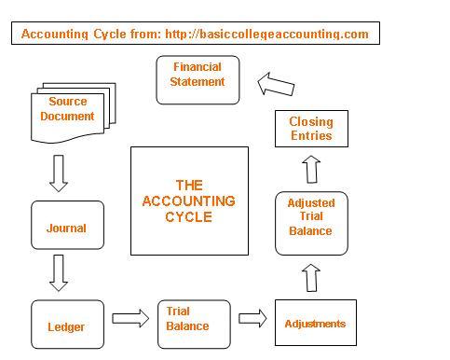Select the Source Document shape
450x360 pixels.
coord(66,115)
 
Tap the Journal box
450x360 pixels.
coord(66,227)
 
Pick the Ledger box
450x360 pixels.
coord(66,325)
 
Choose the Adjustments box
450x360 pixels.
coord(315,323)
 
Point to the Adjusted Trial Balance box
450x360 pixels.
coord(310,223)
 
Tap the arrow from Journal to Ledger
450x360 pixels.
coord(60,272)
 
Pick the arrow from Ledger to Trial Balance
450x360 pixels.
coord(130,318)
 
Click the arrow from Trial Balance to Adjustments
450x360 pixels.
coord(252,318)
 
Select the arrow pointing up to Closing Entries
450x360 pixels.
coord(311,170)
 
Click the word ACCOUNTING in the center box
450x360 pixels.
coord(188,201)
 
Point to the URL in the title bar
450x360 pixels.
coord(266,35)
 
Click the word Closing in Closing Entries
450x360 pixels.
coord(310,122)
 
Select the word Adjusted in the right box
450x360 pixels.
coord(311,202)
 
